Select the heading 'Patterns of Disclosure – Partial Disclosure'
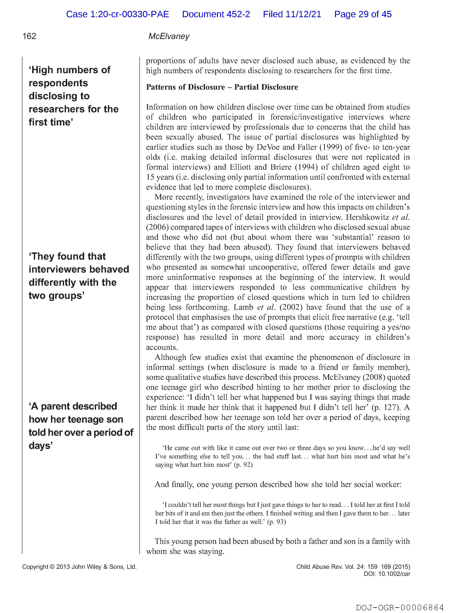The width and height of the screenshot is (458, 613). [x=222, y=87]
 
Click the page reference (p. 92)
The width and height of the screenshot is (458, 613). [x=243, y=465]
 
